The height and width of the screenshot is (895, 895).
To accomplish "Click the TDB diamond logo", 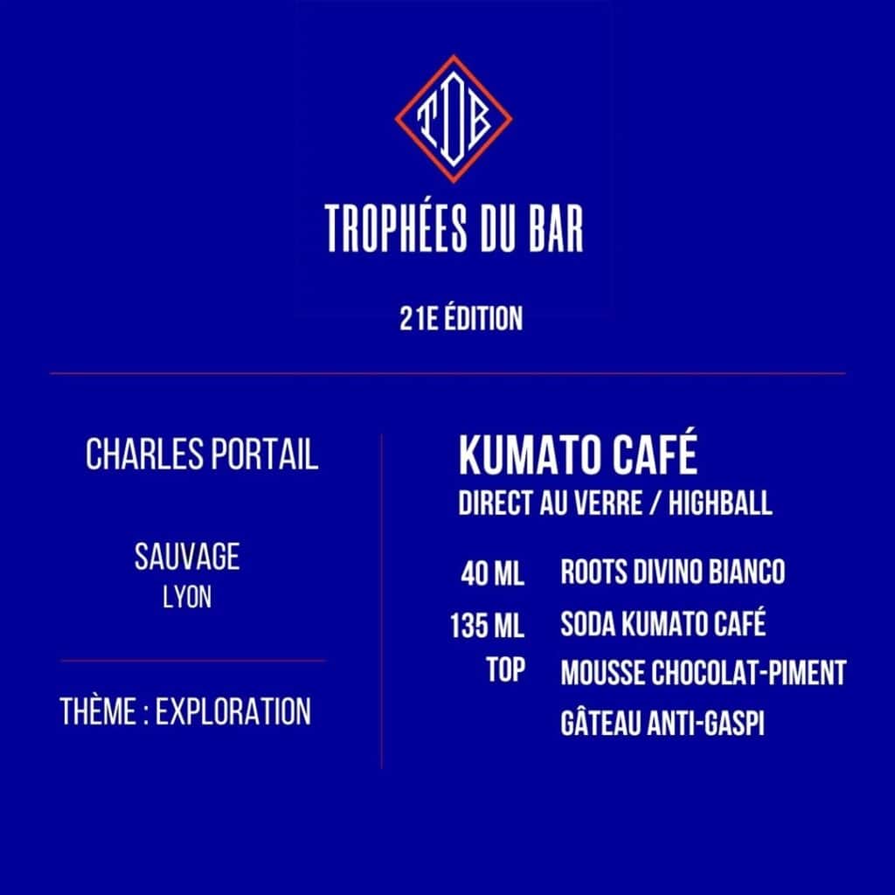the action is coord(454,119).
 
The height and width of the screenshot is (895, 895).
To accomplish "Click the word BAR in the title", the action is coord(556,229).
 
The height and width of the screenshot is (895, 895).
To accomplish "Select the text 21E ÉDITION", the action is coord(461,318).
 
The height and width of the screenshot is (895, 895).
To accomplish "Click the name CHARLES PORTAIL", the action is coord(202,454).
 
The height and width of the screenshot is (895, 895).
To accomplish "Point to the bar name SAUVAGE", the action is coord(187,557).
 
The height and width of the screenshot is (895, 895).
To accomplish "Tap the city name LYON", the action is coord(187,598).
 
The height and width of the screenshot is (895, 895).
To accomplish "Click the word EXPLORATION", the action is coord(233,711).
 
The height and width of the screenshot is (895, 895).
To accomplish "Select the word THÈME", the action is coord(97,711).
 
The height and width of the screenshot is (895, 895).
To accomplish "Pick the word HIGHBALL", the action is coord(720,503).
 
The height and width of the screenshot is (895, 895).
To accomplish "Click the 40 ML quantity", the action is coord(493,573).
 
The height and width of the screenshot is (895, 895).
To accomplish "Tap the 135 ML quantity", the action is coord(487,625).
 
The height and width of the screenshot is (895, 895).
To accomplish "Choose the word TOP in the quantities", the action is coord(506,670).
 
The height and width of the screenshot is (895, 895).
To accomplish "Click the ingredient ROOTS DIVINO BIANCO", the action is coord(672,572).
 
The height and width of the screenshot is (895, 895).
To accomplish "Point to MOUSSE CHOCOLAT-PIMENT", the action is coord(704,673).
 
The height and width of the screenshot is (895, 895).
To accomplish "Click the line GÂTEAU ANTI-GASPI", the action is coord(663,722).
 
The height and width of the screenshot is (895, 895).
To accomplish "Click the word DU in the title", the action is coord(497,229).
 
